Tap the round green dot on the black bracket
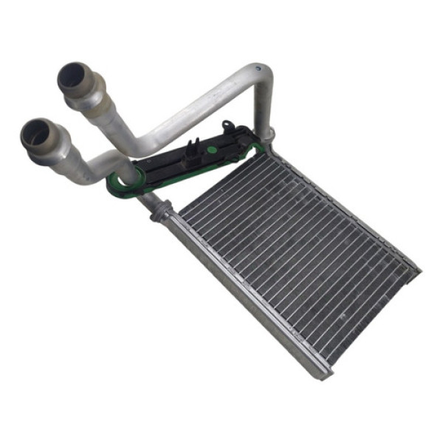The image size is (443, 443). tap(212, 149)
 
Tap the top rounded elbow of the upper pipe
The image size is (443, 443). tap(258, 74)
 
